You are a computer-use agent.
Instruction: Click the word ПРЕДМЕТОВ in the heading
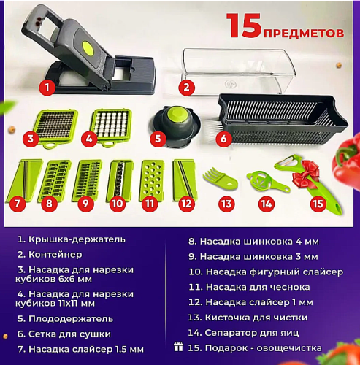[305, 32]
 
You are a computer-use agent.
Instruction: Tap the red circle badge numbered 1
[46, 89]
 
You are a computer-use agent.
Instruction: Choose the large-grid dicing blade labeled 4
[112, 125]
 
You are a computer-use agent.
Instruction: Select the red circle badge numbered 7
[20, 204]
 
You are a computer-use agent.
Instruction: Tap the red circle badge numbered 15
[317, 204]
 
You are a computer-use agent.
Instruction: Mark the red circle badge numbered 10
[117, 204]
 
